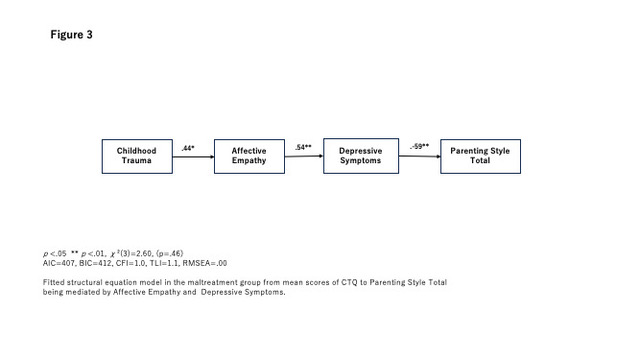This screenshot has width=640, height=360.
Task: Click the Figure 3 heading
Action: [71, 35]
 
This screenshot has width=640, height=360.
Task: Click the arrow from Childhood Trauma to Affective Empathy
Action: [193, 157]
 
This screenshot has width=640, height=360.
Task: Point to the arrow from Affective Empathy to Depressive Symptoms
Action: [304, 156]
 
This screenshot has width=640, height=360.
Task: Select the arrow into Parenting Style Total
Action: [420, 156]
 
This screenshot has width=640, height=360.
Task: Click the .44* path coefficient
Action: [188, 148]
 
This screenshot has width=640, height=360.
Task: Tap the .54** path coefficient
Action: [303, 147]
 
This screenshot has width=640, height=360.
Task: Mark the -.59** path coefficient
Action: [420, 146]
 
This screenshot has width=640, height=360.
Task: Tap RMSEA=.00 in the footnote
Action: [204, 263]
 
